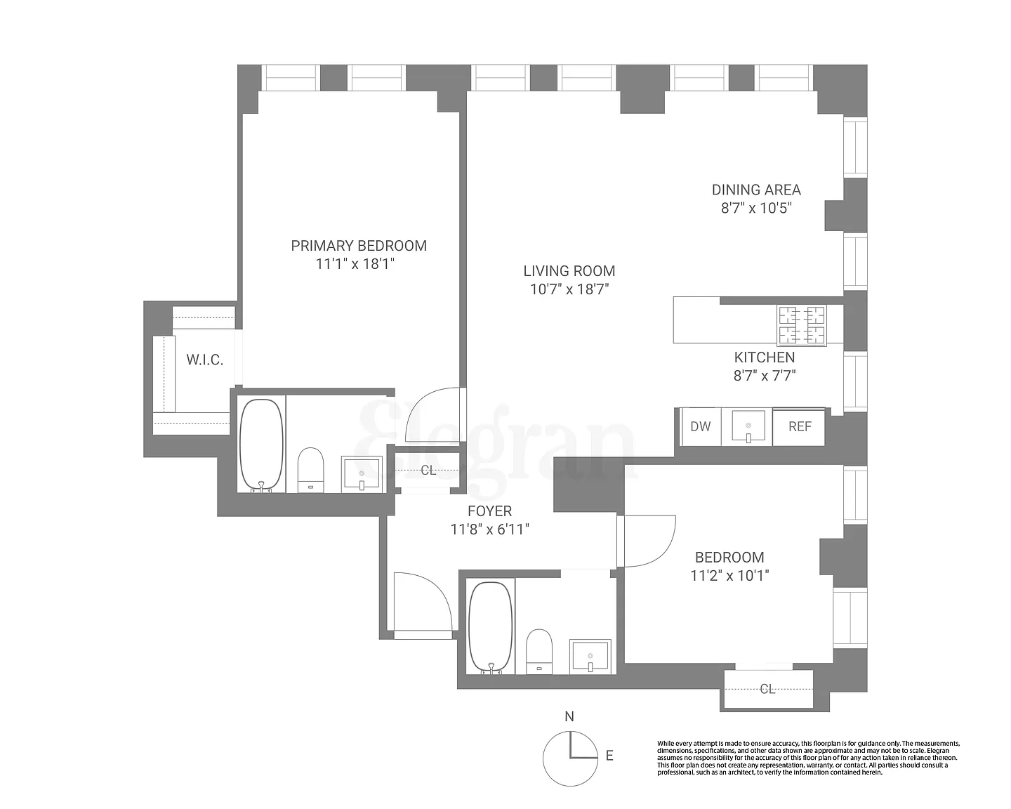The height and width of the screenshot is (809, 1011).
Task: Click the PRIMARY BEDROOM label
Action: tap(359, 246)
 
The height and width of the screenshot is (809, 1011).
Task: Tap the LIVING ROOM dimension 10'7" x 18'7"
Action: tap(569, 289)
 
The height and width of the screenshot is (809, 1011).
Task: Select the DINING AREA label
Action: tap(756, 190)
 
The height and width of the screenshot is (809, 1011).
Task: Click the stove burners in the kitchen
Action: tap(802, 326)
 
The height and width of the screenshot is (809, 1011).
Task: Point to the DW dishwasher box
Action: tap(701, 426)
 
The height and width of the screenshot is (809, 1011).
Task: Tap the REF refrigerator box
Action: tap(799, 426)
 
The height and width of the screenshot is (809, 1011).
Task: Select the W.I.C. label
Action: tap(205, 360)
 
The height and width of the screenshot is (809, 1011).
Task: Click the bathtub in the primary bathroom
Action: tap(262, 445)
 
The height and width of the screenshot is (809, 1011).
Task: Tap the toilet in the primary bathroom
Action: tap(311, 470)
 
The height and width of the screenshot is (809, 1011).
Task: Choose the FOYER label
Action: tap(490, 511)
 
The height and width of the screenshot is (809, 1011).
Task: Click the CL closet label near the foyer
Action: tap(428, 470)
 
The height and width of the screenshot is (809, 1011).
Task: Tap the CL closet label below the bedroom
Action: tap(767, 689)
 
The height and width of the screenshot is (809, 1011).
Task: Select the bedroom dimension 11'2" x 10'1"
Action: tap(729, 575)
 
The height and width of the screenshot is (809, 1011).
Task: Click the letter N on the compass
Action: tap(569, 717)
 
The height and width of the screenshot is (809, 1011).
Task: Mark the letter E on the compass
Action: tap(609, 756)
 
